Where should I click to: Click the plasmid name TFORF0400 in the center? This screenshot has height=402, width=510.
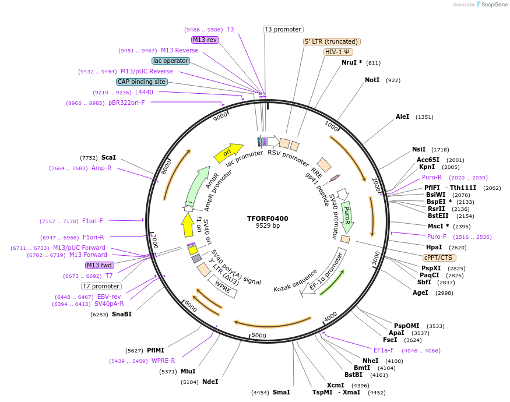pyautogui.click(x=268, y=218)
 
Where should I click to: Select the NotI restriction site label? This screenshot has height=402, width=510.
pyautogui.click(x=372, y=80)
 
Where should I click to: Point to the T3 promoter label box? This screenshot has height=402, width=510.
pyautogui.click(x=283, y=29)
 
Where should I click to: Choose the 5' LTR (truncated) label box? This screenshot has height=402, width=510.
pyautogui.click(x=332, y=42)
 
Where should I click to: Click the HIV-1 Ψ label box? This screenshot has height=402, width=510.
pyautogui.click(x=338, y=52)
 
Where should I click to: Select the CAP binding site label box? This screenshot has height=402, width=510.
pyautogui.click(x=142, y=82)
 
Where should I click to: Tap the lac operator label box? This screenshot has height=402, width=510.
pyautogui.click(x=170, y=61)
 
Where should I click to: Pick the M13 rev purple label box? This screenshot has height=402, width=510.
pyautogui.click(x=205, y=40)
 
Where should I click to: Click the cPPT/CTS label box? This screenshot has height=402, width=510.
pyautogui.click(x=439, y=258)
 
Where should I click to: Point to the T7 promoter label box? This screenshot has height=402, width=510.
pyautogui.click(x=101, y=286)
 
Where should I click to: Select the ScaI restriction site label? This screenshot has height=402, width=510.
pyautogui.click(x=108, y=157)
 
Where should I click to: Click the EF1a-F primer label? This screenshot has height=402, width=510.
pyautogui.click(x=384, y=350)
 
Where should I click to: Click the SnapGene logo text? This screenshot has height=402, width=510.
pyautogui.click(x=491, y=5)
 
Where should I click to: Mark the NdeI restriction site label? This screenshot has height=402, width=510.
pyautogui.click(x=210, y=382)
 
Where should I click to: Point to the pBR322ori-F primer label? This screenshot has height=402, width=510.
pyautogui.click(x=126, y=103)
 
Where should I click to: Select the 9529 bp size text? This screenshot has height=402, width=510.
pyautogui.click(x=268, y=226)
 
